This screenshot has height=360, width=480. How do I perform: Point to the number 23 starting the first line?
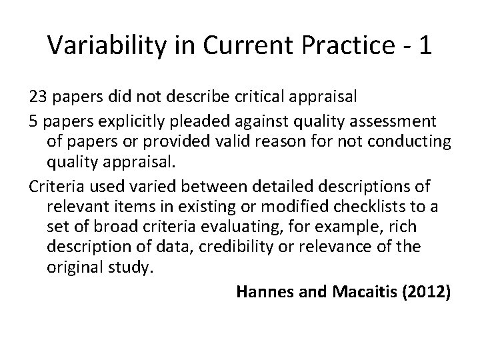pyautogui.click(x=37, y=97)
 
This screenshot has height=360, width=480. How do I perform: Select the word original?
pyautogui.click(x=75, y=267)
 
